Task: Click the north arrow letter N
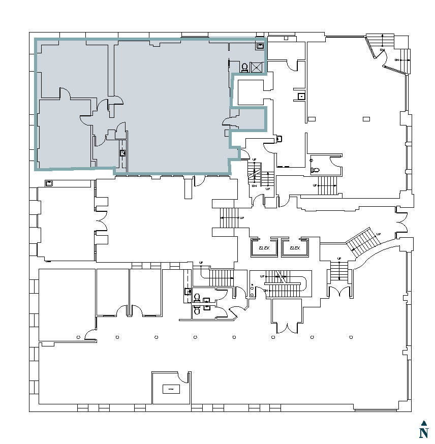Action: click(x=423, y=433)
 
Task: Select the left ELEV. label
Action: click(x=264, y=248)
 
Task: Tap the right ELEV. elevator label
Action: click(x=295, y=248)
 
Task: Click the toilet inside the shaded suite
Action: click(x=244, y=67)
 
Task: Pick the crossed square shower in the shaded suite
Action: click(x=257, y=67)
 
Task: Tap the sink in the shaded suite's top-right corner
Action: click(x=260, y=46)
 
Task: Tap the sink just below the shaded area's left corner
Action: click(x=49, y=183)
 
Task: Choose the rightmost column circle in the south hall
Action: click(x=351, y=337)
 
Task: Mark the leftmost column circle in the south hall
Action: click(x=78, y=337)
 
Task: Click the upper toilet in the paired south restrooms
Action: click(x=197, y=297)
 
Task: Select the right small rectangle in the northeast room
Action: click(x=366, y=119)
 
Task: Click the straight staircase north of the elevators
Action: click(x=230, y=218)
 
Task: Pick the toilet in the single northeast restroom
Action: click(x=315, y=171)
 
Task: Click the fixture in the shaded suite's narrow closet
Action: click(x=122, y=152)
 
